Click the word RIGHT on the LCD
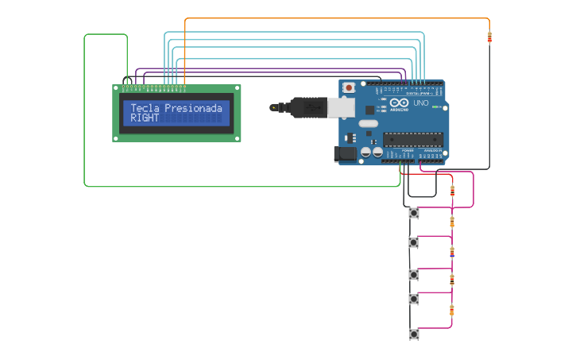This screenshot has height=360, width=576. [145, 118]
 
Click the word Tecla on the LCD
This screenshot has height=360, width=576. [145, 107]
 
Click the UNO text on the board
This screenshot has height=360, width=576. [421, 103]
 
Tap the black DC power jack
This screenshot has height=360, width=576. [346, 154]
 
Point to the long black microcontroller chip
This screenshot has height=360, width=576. [412, 139]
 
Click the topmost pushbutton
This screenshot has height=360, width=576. [413, 212]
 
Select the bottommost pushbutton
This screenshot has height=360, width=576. [413, 334]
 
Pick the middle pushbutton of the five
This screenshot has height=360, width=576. [413, 274]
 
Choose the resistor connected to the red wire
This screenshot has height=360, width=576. [452, 191]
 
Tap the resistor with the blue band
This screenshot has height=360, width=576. [452, 254]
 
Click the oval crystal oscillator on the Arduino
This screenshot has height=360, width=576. [368, 123]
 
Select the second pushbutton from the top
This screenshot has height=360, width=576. [413, 242]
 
